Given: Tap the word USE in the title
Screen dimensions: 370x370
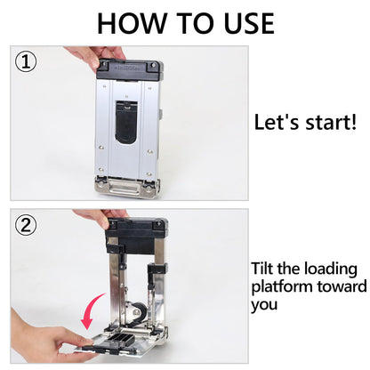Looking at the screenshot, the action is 249,23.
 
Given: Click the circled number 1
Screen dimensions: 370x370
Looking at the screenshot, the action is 26,62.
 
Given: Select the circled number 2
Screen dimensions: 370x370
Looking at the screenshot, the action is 26,225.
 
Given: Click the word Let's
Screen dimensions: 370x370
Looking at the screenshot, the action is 277,122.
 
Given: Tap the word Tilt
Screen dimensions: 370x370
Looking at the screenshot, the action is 261,269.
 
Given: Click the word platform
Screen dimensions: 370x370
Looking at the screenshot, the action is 282,287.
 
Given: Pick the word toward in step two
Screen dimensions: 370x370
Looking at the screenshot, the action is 342,286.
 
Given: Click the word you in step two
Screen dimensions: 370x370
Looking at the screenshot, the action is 264,305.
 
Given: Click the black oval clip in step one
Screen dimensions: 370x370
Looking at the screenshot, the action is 127,122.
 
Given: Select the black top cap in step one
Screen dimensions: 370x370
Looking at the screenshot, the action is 130,70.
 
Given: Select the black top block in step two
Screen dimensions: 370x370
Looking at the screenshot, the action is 136,236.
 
